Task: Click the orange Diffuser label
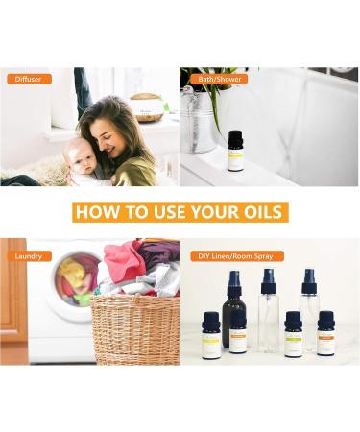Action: click(29, 79)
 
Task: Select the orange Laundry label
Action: click(29, 256)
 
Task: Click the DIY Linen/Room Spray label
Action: click(230, 256)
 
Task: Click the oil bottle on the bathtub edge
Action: click(235, 152)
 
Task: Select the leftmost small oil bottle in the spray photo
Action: click(211, 336)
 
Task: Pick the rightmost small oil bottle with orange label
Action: click(326, 334)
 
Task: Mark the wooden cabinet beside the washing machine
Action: click(13, 307)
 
